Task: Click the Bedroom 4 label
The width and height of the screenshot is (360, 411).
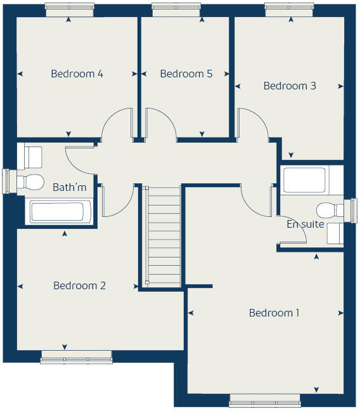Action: [x=77, y=74]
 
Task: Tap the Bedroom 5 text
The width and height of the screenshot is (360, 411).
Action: [x=186, y=74]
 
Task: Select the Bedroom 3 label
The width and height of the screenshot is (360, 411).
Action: [x=290, y=86]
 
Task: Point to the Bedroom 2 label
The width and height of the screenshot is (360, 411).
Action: [x=79, y=285]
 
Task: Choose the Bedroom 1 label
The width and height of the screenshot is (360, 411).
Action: [x=274, y=313]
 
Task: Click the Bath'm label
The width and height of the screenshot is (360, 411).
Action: [x=69, y=187]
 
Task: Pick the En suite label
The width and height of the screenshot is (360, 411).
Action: [x=305, y=224]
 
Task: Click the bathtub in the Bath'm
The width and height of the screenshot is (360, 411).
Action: [x=61, y=212]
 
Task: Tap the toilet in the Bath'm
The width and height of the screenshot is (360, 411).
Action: [x=29, y=182]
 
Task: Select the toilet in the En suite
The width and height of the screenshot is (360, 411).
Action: [x=329, y=210]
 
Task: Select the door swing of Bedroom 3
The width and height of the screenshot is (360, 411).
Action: [x=250, y=122]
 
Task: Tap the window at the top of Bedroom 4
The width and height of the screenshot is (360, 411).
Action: [x=70, y=10]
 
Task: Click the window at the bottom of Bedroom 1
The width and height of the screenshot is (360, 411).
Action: [x=264, y=400]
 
